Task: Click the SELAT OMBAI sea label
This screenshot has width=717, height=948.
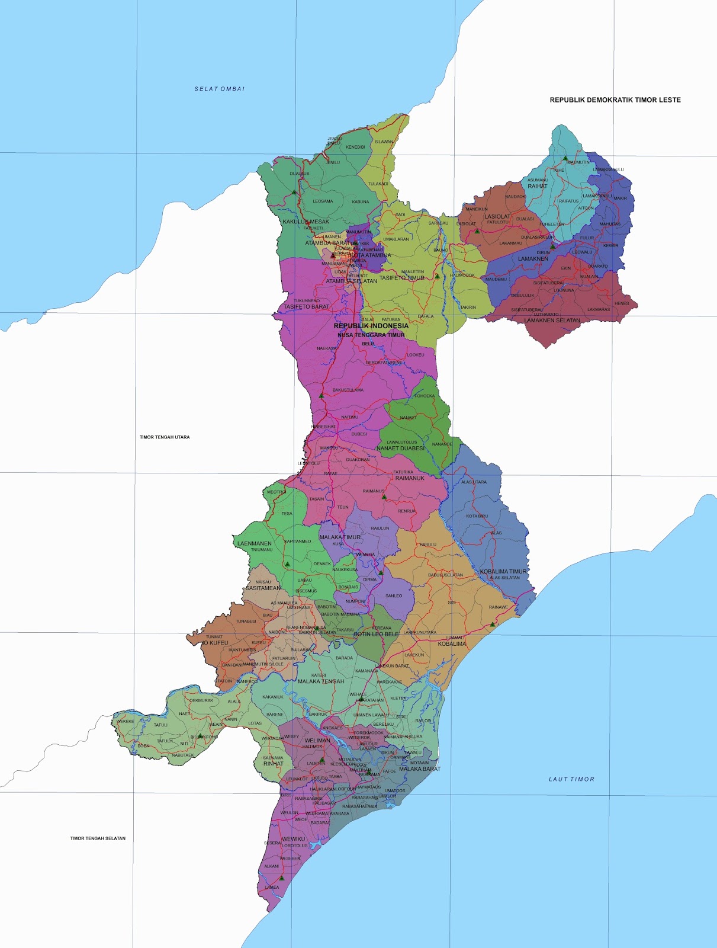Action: pyautogui.click(x=220, y=89)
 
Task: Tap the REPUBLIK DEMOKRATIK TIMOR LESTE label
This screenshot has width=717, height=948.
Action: pyautogui.click(x=615, y=100)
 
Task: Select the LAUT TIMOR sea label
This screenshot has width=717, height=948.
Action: pyautogui.click(x=571, y=779)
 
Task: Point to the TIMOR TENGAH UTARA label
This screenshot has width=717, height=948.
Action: pyautogui.click(x=165, y=437)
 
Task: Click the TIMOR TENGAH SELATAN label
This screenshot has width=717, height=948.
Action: pyautogui.click(x=98, y=838)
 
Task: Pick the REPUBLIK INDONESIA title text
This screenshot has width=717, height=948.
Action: pyautogui.click(x=371, y=326)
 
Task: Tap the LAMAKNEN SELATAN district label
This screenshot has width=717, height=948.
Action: pyautogui.click(x=552, y=321)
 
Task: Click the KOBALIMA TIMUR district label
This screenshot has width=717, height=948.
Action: pyautogui.click(x=503, y=572)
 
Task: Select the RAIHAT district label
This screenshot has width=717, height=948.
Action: pyautogui.click(x=538, y=186)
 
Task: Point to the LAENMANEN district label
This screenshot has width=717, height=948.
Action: pyautogui.click(x=255, y=543)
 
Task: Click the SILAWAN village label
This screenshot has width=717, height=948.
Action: pyautogui.click(x=384, y=142)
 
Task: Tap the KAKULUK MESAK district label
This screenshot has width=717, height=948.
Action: pyautogui.click(x=306, y=222)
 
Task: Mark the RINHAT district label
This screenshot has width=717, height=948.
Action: pyautogui.click(x=274, y=764)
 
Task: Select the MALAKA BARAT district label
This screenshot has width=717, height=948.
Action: pyautogui.click(x=420, y=769)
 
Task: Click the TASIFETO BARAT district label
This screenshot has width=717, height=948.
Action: pyautogui.click(x=306, y=307)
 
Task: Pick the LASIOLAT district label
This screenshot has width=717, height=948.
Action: pyautogui.click(x=497, y=216)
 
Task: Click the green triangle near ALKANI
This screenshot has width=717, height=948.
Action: pyautogui.click(x=282, y=877)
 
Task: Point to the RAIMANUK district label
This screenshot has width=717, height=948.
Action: pyautogui.click(x=410, y=478)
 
